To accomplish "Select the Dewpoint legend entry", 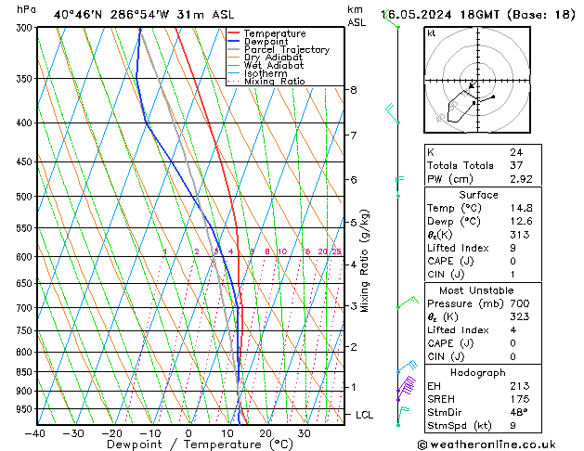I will click(267, 42).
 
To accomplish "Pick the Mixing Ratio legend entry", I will click(274, 82).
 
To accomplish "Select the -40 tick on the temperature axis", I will click(35, 432).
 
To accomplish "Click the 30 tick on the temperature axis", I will click(304, 432).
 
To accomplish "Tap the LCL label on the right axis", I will click(364, 415).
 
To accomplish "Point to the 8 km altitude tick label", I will click(353, 90).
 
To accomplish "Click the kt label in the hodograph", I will click(431, 33).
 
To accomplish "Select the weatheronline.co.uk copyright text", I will click(500, 444).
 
